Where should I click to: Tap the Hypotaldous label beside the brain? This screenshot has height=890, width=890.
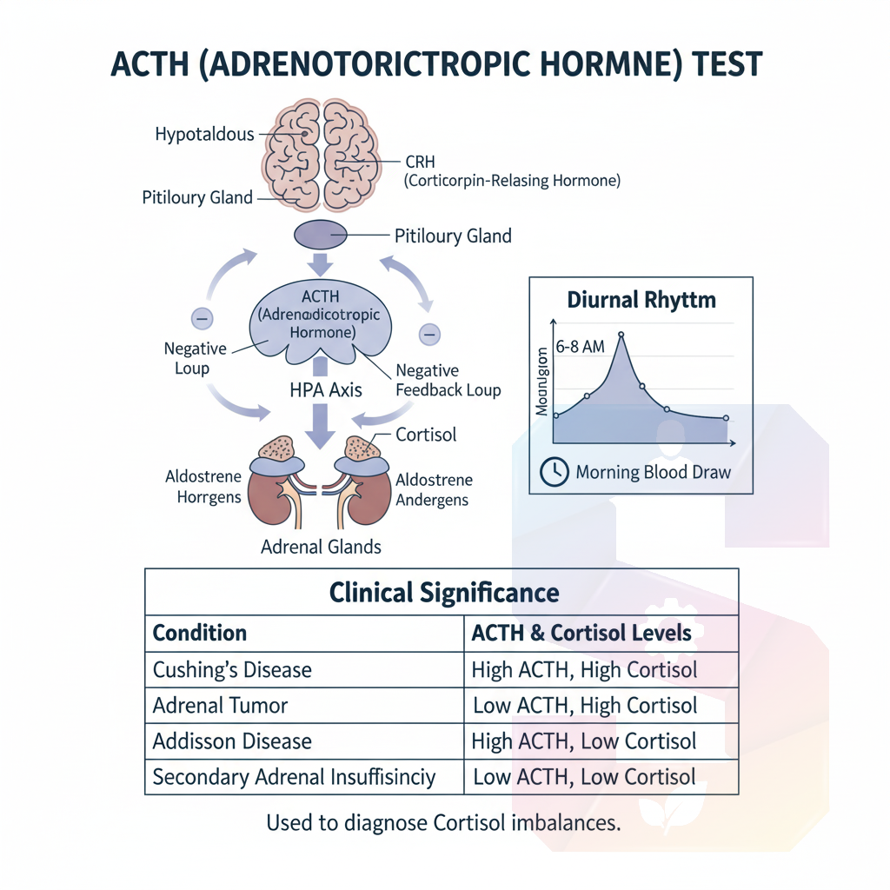point(204,134)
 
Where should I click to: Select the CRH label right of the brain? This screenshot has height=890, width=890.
point(421,163)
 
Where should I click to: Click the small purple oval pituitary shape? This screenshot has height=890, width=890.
point(322,235)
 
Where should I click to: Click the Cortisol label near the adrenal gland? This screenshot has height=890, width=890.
point(426,435)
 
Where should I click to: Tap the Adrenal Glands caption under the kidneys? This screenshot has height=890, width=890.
point(321,547)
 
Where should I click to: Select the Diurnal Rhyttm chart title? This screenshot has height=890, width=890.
point(641,301)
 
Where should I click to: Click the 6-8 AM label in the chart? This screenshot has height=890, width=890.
point(581,347)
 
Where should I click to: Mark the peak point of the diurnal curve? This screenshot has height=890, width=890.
point(621,334)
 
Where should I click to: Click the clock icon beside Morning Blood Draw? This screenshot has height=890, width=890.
point(553,472)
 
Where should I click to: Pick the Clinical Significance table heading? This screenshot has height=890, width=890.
point(443,593)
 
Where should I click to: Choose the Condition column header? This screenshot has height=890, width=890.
point(200,633)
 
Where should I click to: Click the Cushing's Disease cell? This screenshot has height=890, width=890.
point(232,670)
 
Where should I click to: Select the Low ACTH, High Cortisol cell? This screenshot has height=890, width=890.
point(584,705)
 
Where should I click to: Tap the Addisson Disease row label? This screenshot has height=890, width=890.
point(232,741)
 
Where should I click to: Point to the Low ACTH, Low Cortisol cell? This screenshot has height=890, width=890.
point(583,776)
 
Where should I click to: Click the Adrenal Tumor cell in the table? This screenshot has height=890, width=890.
point(220,705)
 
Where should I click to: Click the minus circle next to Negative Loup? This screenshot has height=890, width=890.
point(202,319)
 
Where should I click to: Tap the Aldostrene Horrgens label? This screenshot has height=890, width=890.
point(203,488)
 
